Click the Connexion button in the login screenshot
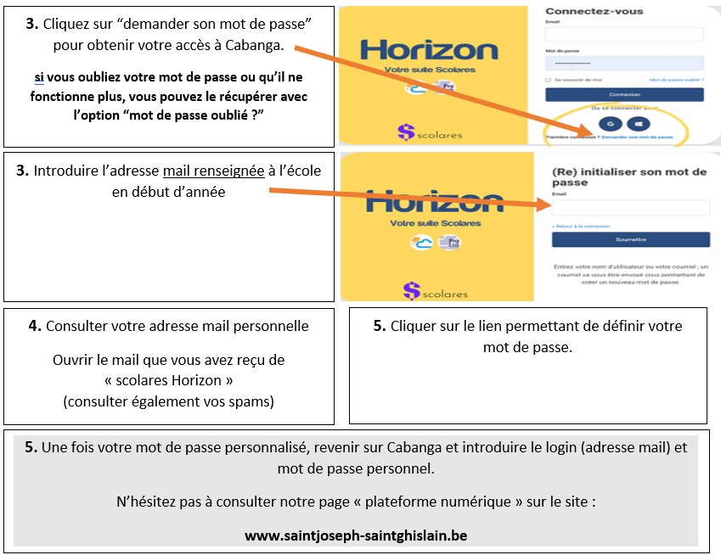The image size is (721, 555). (x=624, y=94)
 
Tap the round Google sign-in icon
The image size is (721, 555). (x=609, y=123)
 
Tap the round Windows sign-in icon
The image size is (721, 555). (x=638, y=123)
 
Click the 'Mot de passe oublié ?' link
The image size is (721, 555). (x=676, y=79)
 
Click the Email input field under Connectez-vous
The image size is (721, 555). (x=624, y=34)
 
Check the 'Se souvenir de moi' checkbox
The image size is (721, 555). (x=549, y=79)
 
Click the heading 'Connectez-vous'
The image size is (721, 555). (x=594, y=11)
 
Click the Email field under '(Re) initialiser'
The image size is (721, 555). (x=631, y=208)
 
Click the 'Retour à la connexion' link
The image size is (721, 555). (x=583, y=226)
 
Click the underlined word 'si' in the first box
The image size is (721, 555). (x=39, y=76)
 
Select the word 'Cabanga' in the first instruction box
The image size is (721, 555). (x=256, y=45)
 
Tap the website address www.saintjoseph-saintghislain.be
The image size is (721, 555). (x=356, y=535)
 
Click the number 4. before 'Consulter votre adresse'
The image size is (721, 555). (x=35, y=326)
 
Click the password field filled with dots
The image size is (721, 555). (x=624, y=64)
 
